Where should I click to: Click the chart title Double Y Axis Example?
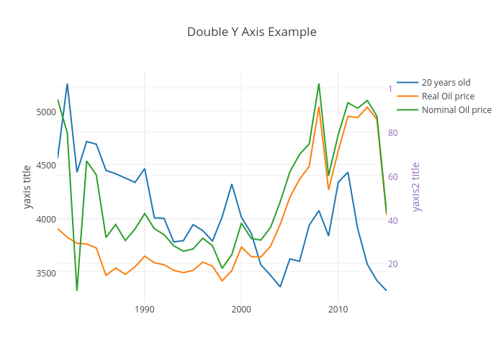(251, 32)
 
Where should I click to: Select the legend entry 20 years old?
(446, 82)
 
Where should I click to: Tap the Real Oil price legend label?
(448, 96)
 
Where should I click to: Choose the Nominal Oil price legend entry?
(456, 110)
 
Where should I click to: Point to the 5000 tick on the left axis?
(45, 112)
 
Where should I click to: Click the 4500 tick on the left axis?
(45, 166)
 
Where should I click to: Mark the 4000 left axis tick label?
(45, 220)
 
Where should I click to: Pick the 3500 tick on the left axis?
(45, 274)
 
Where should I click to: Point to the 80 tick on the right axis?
(393, 133)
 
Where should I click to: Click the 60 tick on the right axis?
(393, 177)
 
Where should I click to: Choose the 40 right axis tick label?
(393, 221)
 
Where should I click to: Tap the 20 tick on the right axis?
(393, 264)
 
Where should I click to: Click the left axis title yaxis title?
(27, 187)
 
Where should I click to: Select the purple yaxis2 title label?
(415, 187)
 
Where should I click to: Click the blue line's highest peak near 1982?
(67, 84)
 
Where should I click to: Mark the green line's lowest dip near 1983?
(77, 290)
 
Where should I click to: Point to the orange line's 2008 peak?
(318, 107)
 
